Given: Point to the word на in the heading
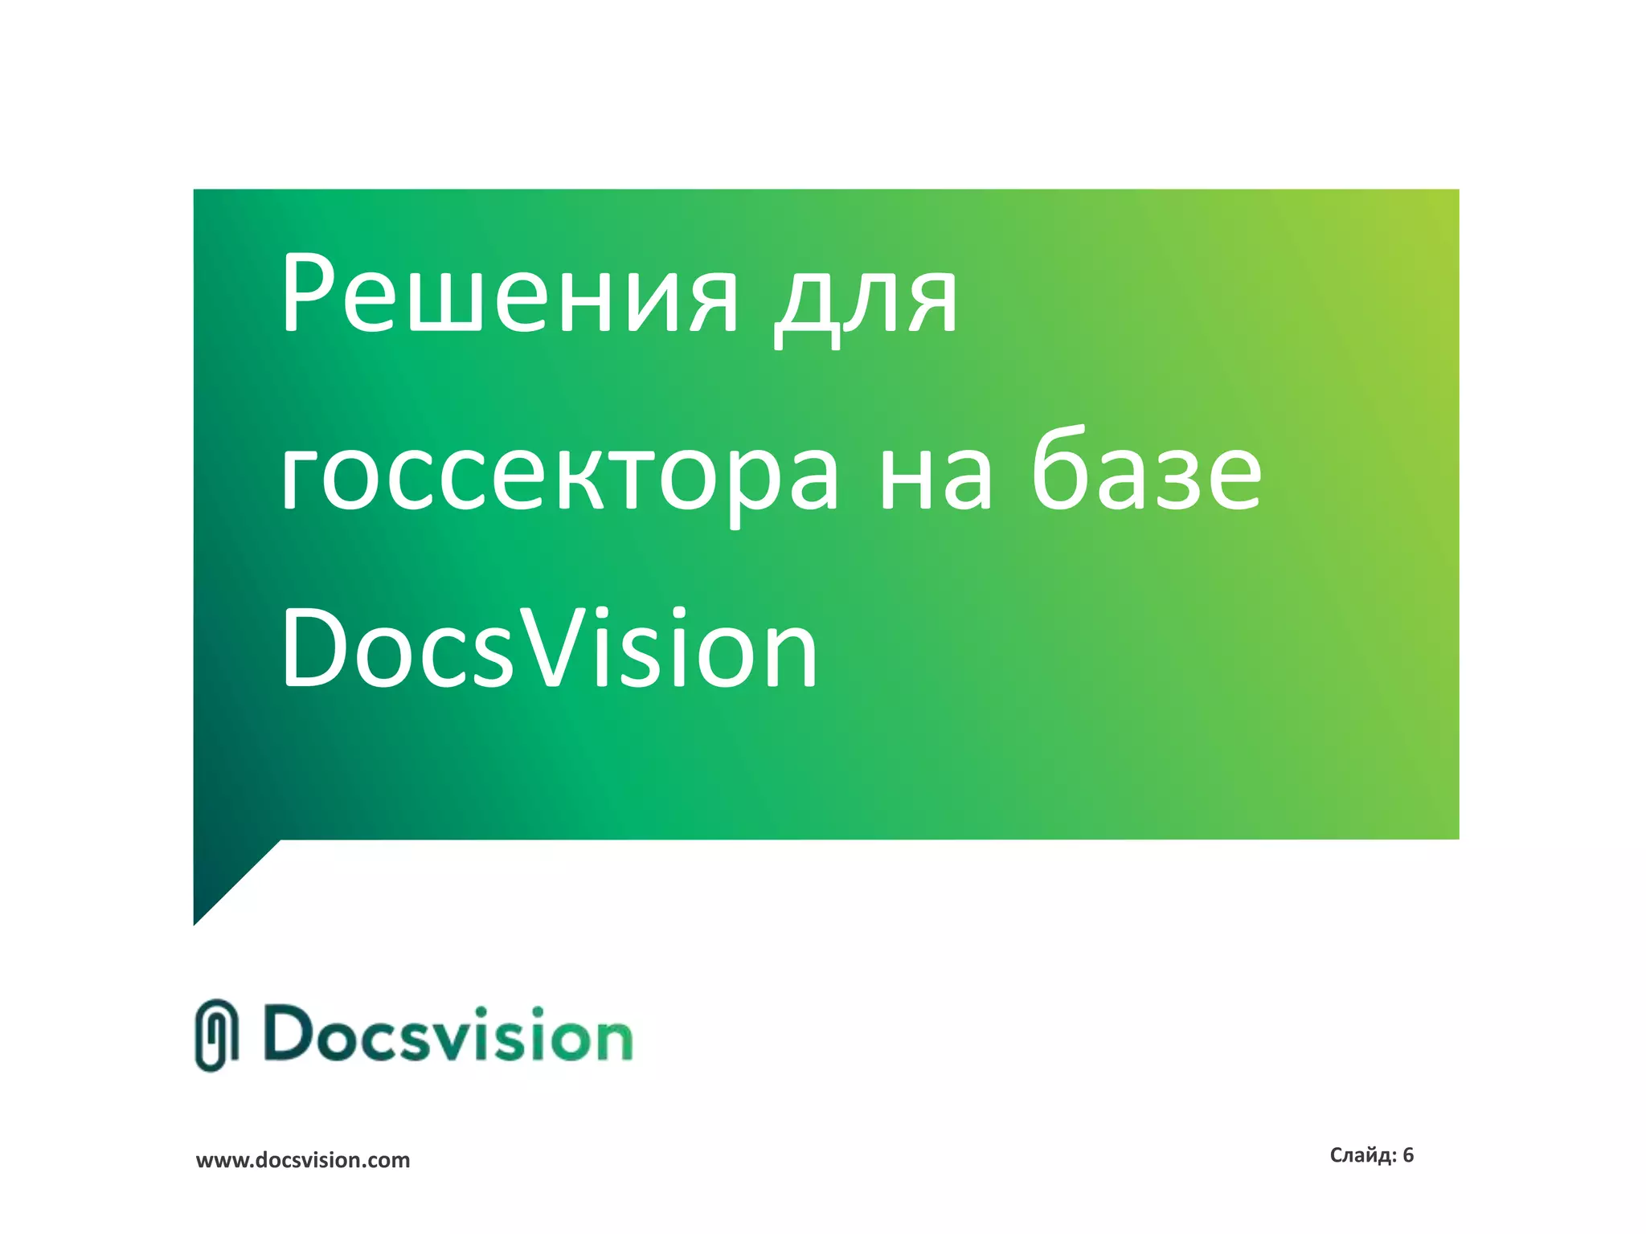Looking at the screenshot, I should point(936,476).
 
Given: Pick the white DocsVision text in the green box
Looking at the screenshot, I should point(549,649).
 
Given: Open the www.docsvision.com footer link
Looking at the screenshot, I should point(303,1160).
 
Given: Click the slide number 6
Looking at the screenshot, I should point(1408,1155).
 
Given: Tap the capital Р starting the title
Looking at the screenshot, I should point(309,294).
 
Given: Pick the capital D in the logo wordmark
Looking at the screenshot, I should point(292,1033).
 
